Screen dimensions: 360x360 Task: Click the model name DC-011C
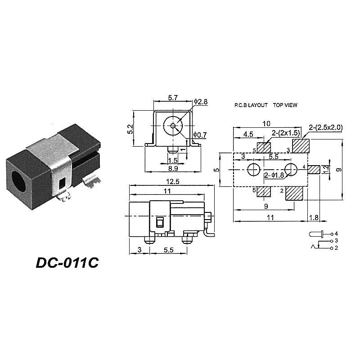(67, 262)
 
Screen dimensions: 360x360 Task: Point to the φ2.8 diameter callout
(201, 102)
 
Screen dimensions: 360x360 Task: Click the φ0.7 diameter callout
(200, 135)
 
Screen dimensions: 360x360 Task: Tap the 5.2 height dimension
(130, 129)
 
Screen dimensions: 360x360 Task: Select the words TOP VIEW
(285, 105)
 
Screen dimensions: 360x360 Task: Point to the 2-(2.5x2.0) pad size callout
(326, 128)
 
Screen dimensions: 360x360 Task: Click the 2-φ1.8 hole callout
(274, 175)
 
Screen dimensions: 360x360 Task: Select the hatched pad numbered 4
(314, 169)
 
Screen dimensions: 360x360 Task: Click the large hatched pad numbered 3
(301, 146)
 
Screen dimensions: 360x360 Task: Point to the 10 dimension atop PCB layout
(267, 123)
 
